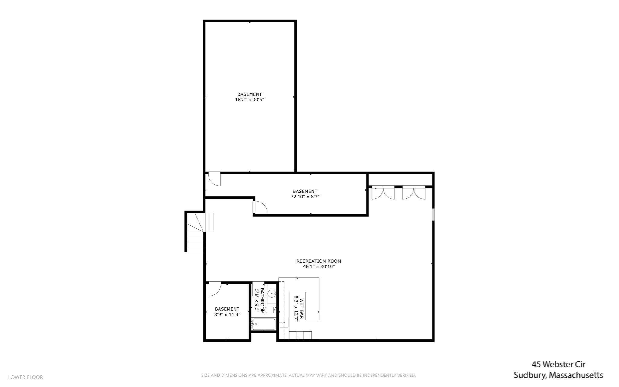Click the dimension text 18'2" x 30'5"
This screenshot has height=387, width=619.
[x=249, y=100]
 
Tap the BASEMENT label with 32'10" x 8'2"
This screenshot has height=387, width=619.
[x=305, y=191]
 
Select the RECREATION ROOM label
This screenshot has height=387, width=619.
[x=319, y=261]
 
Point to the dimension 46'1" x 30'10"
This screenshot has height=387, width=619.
[x=319, y=267]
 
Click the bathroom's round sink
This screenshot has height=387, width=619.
[x=272, y=293]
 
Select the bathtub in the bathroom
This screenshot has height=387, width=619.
[x=264, y=324]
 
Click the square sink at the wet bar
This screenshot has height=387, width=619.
[x=284, y=323]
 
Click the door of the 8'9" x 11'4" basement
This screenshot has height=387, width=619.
[x=214, y=289]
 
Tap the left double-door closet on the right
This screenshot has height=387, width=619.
[x=383, y=193]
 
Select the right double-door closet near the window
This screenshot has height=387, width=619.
[x=413, y=193]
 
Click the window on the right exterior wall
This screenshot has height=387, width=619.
[x=433, y=214]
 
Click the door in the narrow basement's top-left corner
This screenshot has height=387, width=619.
[x=214, y=179]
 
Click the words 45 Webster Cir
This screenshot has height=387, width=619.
[x=558, y=364]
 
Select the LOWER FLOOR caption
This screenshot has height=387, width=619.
[x=26, y=377]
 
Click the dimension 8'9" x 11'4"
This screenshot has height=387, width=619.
[x=227, y=314]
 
